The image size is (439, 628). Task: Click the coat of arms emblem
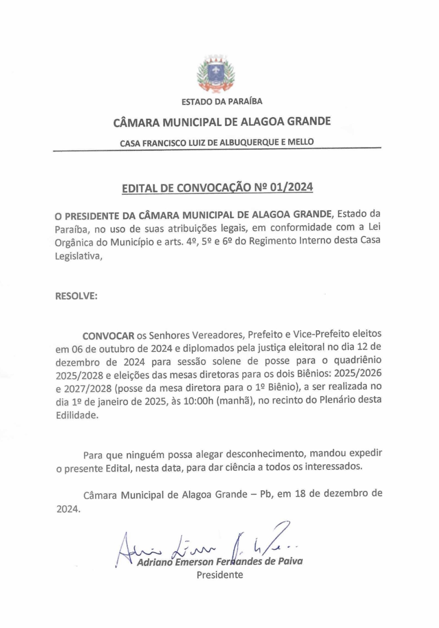216,74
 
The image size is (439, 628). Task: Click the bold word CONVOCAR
108,336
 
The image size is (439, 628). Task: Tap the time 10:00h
198,401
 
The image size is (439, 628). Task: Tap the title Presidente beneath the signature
220,575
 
